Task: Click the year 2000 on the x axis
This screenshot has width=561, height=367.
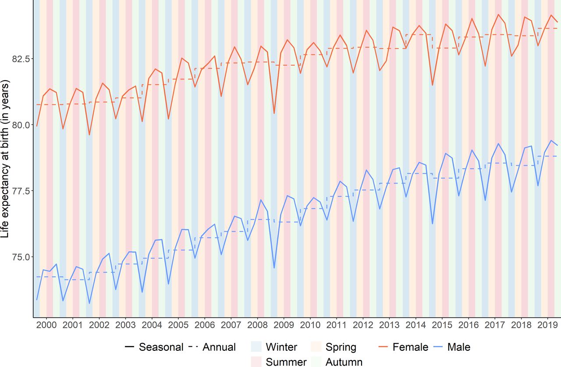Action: pyautogui.click(x=46, y=325)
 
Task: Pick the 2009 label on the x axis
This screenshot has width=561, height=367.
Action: pyautogui.click(x=284, y=325)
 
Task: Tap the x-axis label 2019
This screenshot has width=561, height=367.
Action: pyautogui.click(x=548, y=325)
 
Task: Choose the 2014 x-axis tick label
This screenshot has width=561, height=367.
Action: pyautogui.click(x=416, y=325)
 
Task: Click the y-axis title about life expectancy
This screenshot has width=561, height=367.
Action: pyautogui.click(x=5, y=159)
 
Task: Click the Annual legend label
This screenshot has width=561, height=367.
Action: pyautogui.click(x=219, y=347)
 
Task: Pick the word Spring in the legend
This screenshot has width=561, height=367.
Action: pyautogui.click(x=341, y=347)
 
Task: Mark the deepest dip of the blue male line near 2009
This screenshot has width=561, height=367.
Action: pyautogui.click(x=274, y=268)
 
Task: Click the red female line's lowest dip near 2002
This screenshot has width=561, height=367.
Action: pyautogui.click(x=89, y=135)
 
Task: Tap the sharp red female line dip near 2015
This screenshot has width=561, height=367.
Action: pyautogui.click(x=432, y=85)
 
